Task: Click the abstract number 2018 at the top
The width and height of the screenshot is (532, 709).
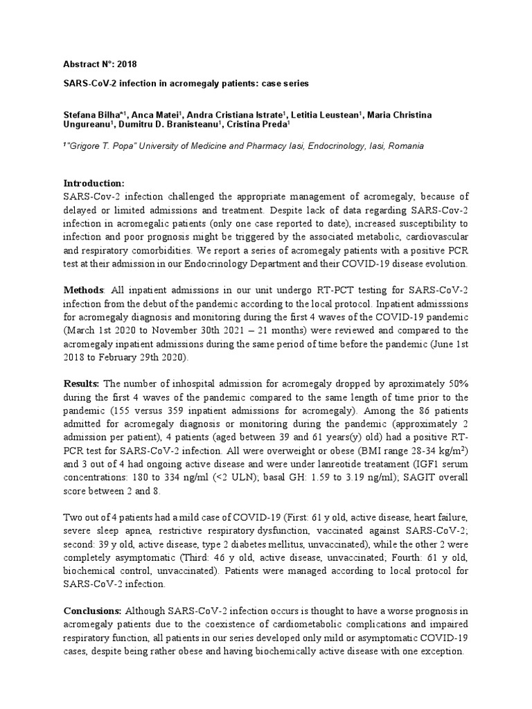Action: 127,64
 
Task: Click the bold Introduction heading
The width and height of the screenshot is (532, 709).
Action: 94,183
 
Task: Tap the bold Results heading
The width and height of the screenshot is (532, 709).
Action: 82,384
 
